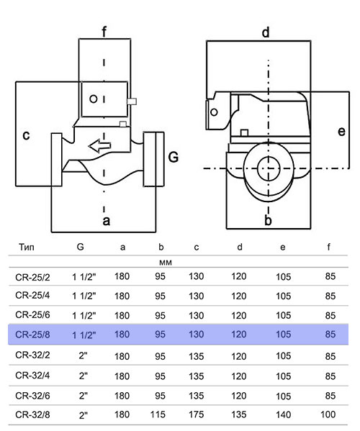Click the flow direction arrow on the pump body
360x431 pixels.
tap(99, 145)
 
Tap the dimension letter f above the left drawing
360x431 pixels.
tap(104, 32)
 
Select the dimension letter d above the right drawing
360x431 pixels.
tap(266, 32)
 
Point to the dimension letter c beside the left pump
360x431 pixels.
tap(26, 135)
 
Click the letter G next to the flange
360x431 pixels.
tap(174, 158)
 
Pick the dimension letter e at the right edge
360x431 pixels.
tap(341, 132)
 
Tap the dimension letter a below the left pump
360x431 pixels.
tap(107, 221)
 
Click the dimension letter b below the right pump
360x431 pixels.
tap(268, 220)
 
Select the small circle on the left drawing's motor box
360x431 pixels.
tap(94, 99)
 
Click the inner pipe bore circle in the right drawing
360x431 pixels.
tap(269, 169)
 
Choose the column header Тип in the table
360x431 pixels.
tap(27, 247)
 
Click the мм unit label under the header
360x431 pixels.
tap(166, 263)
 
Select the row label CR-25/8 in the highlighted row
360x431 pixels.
tap(32, 335)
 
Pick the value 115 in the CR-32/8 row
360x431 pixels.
tap(158, 414)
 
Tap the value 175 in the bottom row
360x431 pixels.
tap(196, 414)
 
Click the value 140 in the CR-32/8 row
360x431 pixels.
tap(283, 414)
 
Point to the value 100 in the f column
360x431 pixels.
tap(328, 414)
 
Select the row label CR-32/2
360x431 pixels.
tap(32, 355)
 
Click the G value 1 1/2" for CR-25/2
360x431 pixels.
tap(84, 276)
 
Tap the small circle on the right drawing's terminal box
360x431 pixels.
tap(214, 112)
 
